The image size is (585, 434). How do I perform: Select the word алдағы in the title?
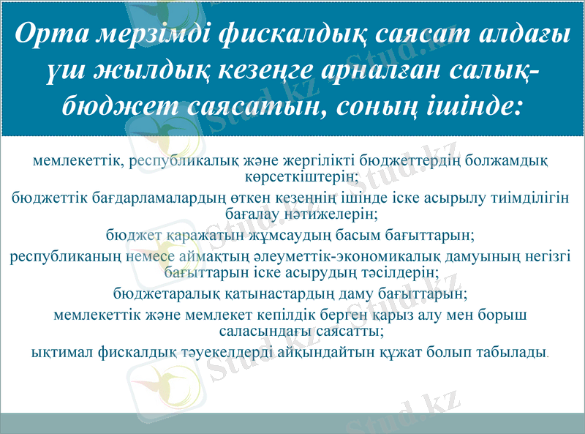pyautogui.click(x=518, y=34)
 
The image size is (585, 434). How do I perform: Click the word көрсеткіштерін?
pyautogui.click(x=301, y=176)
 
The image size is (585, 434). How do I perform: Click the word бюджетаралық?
pyautogui.click(x=159, y=295)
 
